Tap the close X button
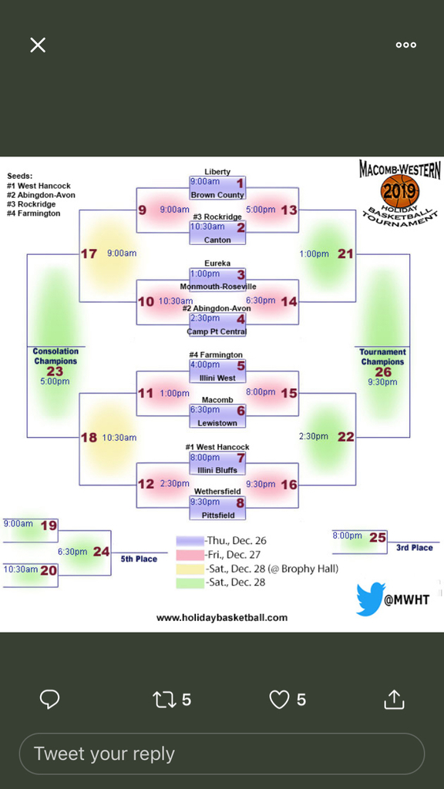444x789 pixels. [38, 45]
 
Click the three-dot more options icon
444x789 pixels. [405, 45]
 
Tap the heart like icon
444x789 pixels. [279, 700]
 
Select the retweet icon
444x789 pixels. [164, 700]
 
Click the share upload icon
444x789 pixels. [394, 699]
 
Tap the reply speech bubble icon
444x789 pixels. [49, 700]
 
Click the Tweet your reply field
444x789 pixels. [221, 754]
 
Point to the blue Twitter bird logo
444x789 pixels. [371, 599]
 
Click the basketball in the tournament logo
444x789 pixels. [400, 191]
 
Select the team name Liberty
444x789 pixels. [217, 172]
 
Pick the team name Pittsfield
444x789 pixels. [217, 515]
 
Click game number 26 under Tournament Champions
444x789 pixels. [383, 372]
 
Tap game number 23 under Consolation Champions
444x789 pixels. [55, 371]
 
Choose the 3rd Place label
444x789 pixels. [414, 548]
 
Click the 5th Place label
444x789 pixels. [139, 559]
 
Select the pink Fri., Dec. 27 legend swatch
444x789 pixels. [190, 556]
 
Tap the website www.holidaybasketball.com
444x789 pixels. [222, 617]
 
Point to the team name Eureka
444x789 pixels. [217, 264]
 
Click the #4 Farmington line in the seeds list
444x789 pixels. [34, 213]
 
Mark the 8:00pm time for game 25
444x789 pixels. [347, 536]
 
